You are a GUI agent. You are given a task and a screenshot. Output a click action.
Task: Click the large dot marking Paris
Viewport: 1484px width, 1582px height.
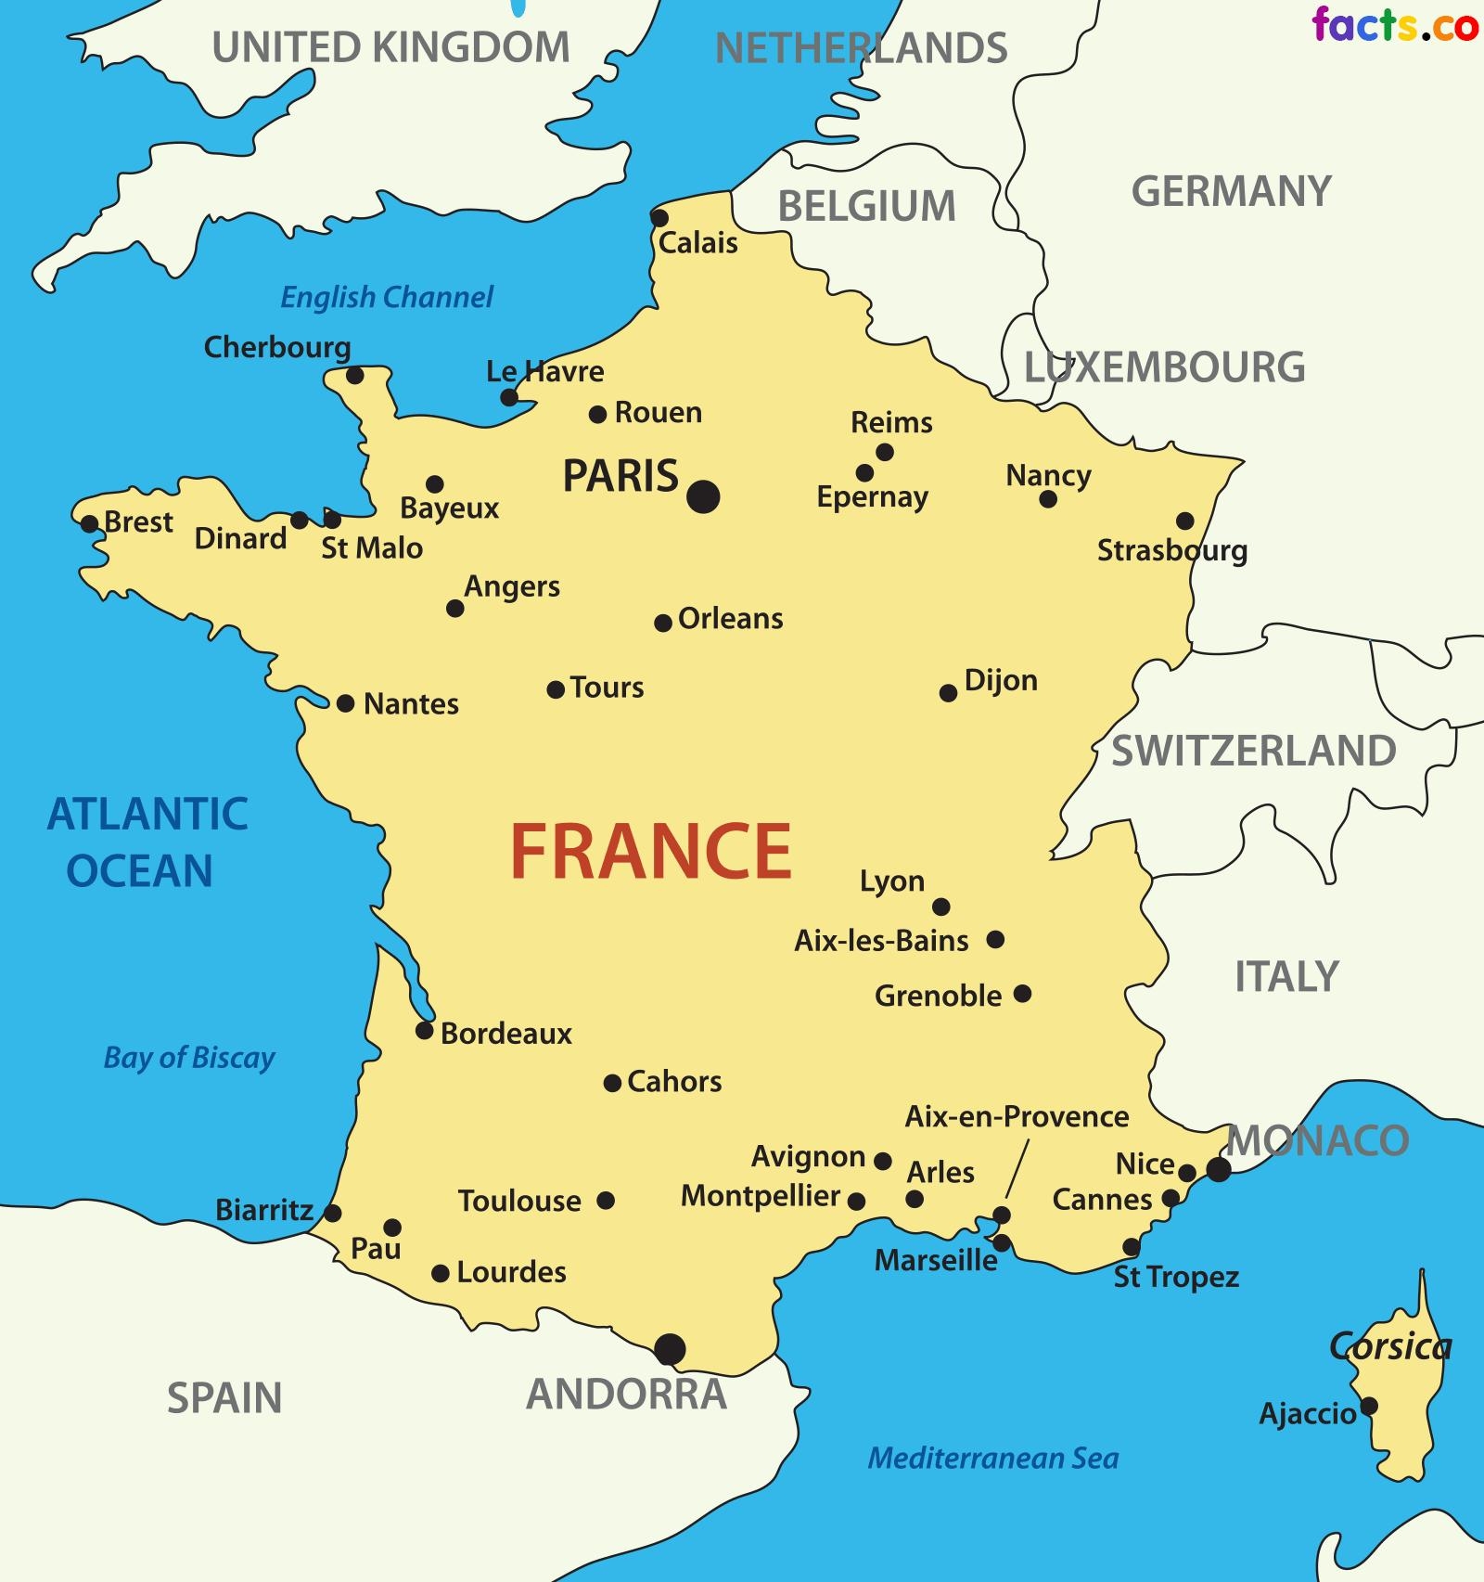pos(703,496)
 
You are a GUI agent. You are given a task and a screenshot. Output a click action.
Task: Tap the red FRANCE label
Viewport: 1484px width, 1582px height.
pos(651,852)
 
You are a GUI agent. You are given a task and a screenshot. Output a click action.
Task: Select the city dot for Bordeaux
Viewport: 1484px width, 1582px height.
pos(424,1030)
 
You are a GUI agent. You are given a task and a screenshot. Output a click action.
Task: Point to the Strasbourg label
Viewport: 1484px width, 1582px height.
pos(1171,550)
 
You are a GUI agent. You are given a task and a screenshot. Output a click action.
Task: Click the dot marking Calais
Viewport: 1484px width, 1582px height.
pos(659,218)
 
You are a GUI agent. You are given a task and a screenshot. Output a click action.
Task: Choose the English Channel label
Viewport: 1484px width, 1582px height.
pos(387,298)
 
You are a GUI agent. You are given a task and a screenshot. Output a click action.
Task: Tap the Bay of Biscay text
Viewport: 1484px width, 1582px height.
pos(189,1058)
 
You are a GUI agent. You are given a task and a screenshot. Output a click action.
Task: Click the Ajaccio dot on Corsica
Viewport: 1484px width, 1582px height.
pos(1368,1406)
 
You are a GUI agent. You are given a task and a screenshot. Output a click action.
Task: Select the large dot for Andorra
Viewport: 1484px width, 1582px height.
pos(670,1348)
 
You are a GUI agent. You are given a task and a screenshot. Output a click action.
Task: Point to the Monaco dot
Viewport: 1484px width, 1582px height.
pos(1218,1169)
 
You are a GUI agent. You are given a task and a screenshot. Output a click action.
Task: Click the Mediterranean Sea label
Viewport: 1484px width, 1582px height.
pos(993,1458)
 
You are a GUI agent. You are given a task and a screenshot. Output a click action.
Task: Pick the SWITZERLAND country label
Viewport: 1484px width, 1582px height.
pos(1253,751)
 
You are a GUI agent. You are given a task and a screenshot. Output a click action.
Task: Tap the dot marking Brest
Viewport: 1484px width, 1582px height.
pos(89,523)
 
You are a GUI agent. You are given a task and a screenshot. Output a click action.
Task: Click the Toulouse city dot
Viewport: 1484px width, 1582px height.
pos(606,1201)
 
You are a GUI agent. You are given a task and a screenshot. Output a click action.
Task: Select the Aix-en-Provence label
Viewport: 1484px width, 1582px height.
pos(1017,1116)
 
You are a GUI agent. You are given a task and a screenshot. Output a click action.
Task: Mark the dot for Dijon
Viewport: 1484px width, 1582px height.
pos(948,693)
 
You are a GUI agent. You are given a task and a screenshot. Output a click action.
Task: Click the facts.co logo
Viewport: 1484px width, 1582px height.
pos(1394,25)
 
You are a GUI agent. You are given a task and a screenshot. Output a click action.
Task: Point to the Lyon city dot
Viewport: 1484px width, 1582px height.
pos(940,907)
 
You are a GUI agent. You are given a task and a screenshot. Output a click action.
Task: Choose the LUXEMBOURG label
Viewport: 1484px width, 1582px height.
pos(1164,367)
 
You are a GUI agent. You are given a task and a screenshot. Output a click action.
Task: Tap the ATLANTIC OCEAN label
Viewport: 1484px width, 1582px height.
pos(147,842)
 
